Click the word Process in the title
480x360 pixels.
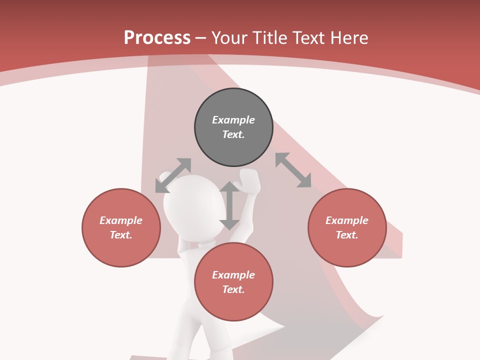pyautogui.click(x=157, y=38)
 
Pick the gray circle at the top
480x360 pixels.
pyautogui.click(x=233, y=127)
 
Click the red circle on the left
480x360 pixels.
pyautogui.click(x=121, y=227)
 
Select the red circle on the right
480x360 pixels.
pyautogui.click(x=347, y=227)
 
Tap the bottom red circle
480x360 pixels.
pyautogui.click(x=233, y=282)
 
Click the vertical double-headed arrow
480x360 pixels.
pyautogui.click(x=229, y=205)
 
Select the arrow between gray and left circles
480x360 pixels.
pyautogui.click(x=173, y=175)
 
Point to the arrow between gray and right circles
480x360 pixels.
pyautogui.click(x=293, y=170)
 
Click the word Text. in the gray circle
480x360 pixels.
pyautogui.click(x=233, y=134)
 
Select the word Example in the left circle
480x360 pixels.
pyautogui.click(x=121, y=220)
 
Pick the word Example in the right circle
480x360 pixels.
pyautogui.click(x=347, y=220)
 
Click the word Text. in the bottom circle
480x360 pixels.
pyautogui.click(x=233, y=289)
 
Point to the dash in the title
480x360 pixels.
pyautogui.click(x=201, y=38)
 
